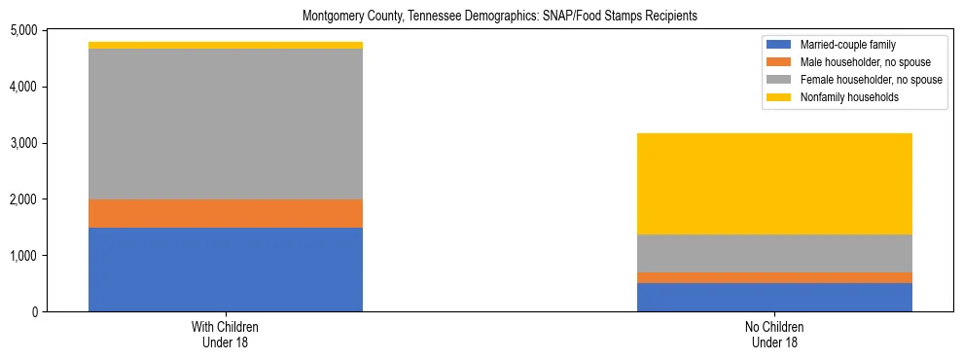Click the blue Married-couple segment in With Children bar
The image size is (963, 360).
pos(226,270)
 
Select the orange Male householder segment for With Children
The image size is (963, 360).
pos(226,213)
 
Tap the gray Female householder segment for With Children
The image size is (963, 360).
pos(226,124)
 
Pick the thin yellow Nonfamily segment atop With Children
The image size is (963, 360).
pos(226,46)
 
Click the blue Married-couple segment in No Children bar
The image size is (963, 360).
pos(774,297)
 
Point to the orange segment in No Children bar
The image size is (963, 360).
pos(774,278)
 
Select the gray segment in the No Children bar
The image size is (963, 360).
pos(774,253)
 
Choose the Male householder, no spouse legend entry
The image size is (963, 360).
pos(853,62)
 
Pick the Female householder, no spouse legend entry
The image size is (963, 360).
pos(858,80)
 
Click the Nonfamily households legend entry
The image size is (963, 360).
pos(841,97)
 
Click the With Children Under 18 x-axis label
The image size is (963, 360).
pos(226,335)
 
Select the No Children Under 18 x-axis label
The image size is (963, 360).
pos(774,335)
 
